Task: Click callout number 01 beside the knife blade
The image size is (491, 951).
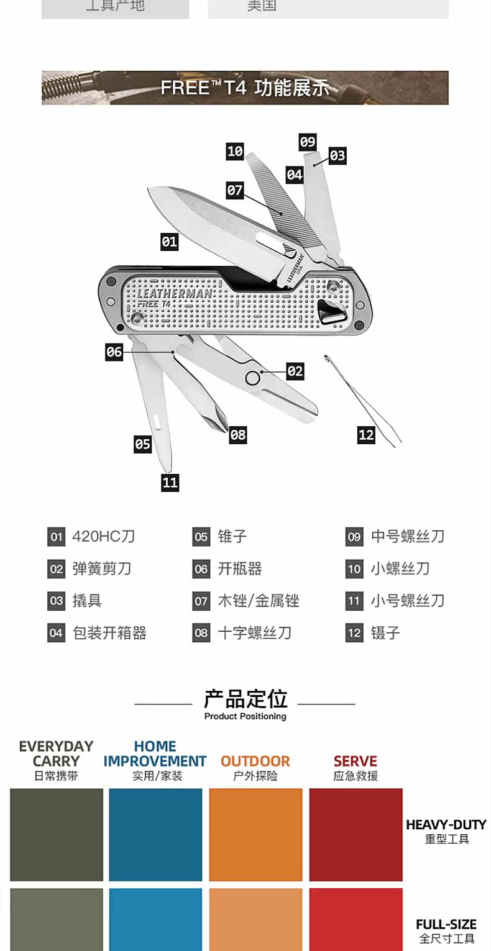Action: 169,242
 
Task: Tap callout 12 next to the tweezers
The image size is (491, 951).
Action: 366,435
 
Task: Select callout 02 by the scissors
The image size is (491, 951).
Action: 295,371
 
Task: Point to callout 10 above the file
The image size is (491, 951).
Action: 235,151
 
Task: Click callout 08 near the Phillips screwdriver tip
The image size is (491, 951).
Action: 238,435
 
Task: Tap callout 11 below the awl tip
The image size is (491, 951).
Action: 170,482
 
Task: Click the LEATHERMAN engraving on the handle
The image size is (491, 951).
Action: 175,293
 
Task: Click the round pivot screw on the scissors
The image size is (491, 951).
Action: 252,378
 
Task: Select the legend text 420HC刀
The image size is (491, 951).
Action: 103,536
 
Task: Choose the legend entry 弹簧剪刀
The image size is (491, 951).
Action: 102,568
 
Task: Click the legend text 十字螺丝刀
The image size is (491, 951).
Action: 254,633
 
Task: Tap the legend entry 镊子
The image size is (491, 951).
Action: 385,633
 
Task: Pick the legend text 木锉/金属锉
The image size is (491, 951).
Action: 259,601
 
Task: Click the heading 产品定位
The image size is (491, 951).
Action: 245,699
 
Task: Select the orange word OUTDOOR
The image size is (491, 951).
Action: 255,761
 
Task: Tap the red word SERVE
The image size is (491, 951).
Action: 356,761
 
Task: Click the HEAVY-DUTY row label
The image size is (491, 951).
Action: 446,825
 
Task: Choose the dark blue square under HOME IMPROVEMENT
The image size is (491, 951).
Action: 155,834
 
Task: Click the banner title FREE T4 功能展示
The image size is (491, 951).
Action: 245,88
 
